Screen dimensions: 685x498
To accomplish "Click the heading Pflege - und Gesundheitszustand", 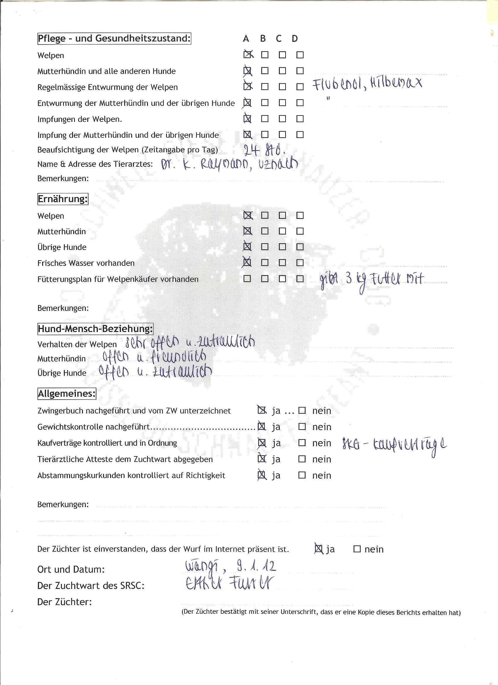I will pyautogui.click(x=114, y=39).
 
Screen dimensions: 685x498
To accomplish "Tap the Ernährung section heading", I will pyautogui.click(x=63, y=199).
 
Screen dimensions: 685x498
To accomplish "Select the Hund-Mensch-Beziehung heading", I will pyautogui.click(x=95, y=329).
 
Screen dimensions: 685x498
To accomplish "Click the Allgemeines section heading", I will pyautogui.click(x=67, y=394).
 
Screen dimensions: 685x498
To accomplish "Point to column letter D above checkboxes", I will pyautogui.click(x=295, y=39).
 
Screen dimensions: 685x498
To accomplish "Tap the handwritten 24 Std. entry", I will pyautogui.click(x=265, y=149).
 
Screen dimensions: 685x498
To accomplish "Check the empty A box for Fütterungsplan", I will pyautogui.click(x=247, y=279).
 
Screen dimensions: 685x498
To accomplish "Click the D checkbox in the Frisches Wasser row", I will pyautogui.click(x=300, y=263).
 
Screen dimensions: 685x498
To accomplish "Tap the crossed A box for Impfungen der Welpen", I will pyautogui.click(x=247, y=119).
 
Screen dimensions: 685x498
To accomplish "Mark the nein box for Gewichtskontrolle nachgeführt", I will pyautogui.click(x=302, y=427).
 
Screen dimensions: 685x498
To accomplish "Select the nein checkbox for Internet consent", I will pyautogui.click(x=357, y=549).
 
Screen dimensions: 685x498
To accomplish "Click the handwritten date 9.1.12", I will pyautogui.click(x=257, y=566).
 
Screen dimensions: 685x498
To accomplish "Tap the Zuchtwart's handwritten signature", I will pyautogui.click(x=228, y=584).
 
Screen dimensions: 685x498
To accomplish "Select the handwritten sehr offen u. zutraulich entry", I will pyautogui.click(x=190, y=343).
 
